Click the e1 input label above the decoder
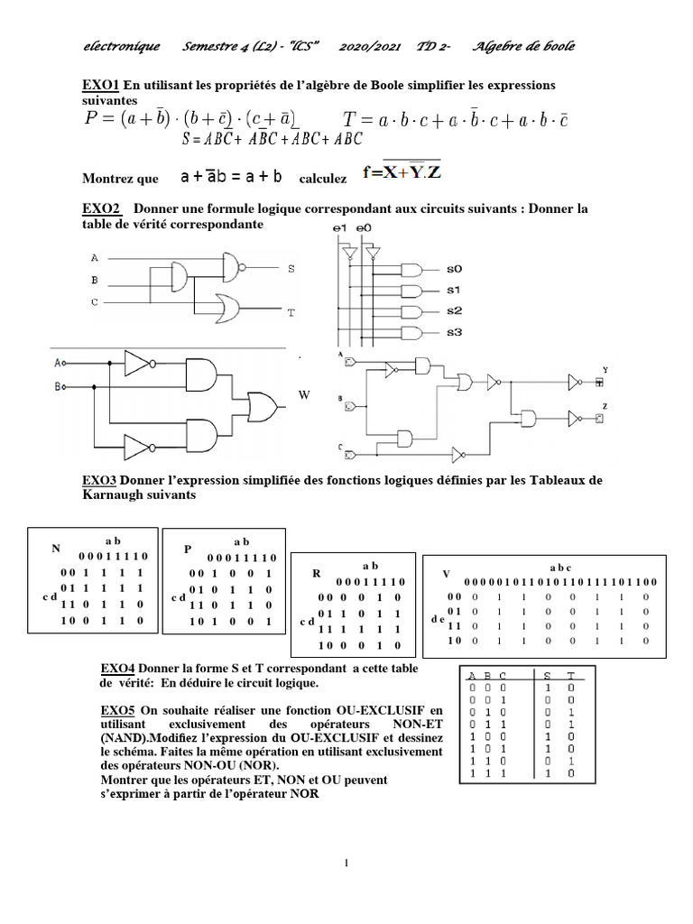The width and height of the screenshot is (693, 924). [340, 229]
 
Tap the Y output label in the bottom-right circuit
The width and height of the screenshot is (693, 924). [605, 370]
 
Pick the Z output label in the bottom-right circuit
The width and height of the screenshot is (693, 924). [605, 407]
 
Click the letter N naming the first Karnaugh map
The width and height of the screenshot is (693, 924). [55, 549]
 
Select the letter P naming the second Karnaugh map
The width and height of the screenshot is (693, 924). [189, 549]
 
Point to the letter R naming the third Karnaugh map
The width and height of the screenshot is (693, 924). [317, 573]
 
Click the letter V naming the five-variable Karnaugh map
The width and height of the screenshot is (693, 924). [445, 574]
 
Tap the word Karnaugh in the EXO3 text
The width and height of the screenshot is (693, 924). [109, 495]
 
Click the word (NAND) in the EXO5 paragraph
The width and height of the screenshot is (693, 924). [125, 737]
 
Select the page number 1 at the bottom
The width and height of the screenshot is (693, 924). [346, 863]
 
